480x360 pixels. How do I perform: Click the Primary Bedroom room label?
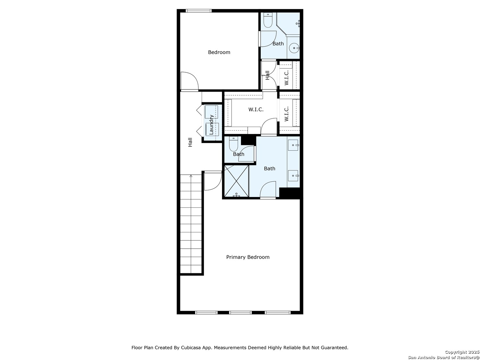(x=248, y=257)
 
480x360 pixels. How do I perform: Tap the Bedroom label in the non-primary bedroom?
(x=219, y=52)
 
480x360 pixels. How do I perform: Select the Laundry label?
(x=211, y=124)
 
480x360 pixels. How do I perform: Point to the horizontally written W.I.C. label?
(x=256, y=110)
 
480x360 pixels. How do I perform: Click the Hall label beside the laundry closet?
(x=190, y=142)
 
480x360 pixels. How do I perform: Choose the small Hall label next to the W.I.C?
(x=267, y=75)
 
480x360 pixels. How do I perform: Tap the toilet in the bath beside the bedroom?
(x=268, y=21)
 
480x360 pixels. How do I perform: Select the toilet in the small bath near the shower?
(x=233, y=144)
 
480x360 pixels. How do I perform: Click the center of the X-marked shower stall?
(x=236, y=181)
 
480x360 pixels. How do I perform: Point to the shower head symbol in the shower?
(x=236, y=195)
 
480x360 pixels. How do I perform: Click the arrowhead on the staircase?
(x=191, y=176)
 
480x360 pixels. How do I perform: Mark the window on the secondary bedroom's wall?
(x=199, y=11)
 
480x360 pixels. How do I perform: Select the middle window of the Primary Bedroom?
(x=240, y=312)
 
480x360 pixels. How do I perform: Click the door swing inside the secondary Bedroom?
(x=189, y=81)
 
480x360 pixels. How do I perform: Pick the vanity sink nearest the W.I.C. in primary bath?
(x=293, y=145)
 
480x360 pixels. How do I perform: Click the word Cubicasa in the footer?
(x=191, y=348)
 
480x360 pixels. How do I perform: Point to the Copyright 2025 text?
(x=462, y=352)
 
